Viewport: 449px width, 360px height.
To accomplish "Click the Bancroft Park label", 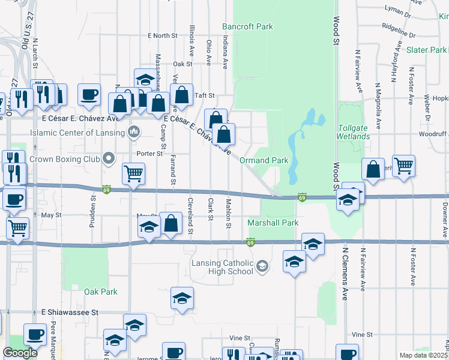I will tap(247, 26).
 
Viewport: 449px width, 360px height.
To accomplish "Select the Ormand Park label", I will tap(264, 161).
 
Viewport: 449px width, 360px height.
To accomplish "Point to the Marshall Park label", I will tap(273, 223).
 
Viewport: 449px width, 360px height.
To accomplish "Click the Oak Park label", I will tap(101, 292).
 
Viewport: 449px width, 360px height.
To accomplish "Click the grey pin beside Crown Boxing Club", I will tap(109, 159).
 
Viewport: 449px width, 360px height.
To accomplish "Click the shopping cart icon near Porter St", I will tap(133, 173).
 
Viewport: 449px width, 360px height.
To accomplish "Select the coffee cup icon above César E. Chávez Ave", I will tap(89, 95).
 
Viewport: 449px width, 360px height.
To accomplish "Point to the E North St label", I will tap(163, 36).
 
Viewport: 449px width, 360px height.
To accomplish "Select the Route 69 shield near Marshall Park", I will tap(250, 242).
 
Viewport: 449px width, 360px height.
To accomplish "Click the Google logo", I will tap(20, 353).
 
